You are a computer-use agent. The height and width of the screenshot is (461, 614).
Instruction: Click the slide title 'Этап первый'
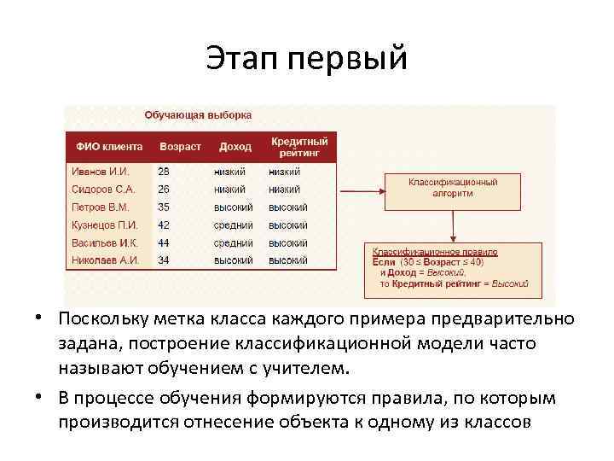point(307,59)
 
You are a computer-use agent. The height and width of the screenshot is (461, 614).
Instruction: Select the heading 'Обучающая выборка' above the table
point(198,114)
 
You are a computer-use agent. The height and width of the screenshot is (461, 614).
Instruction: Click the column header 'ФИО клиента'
point(109,147)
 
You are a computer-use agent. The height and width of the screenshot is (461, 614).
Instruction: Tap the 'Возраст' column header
point(179,147)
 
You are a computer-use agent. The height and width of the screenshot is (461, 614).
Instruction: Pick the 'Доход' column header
point(235,147)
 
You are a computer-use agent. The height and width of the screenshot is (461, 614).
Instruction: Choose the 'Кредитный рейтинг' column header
point(298,146)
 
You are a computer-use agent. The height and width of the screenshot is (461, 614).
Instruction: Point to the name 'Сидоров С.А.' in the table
point(102,189)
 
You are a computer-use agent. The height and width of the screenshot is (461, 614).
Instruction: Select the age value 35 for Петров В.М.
point(164,207)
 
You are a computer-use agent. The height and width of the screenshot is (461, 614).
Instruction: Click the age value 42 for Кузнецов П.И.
point(164,225)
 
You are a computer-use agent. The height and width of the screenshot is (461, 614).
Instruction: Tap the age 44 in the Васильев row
point(164,242)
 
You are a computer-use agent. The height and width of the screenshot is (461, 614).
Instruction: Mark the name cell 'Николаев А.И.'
point(104,260)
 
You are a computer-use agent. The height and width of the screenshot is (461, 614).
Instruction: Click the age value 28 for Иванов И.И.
point(164,171)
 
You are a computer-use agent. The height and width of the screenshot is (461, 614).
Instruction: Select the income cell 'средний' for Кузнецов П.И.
point(233,225)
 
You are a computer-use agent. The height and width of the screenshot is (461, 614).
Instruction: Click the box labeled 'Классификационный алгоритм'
point(453,188)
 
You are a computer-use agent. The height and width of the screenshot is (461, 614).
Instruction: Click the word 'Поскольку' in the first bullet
point(101,318)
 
